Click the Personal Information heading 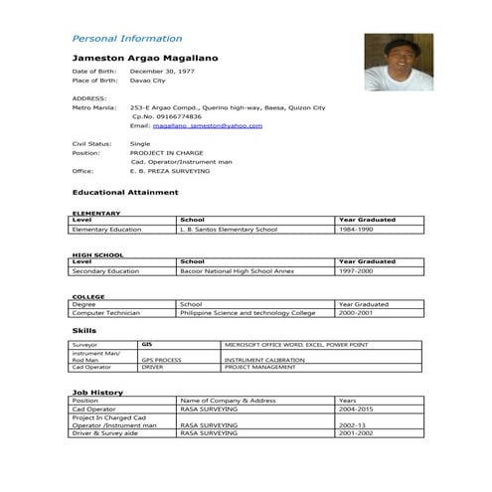126,39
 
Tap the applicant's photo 399,63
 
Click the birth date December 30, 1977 163,73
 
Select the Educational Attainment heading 125,192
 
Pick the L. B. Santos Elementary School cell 228,230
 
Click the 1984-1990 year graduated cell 356,230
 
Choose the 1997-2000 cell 356,270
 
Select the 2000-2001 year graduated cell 358,313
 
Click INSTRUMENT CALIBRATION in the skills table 264,360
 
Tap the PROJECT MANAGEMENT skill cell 260,367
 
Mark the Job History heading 96,393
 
